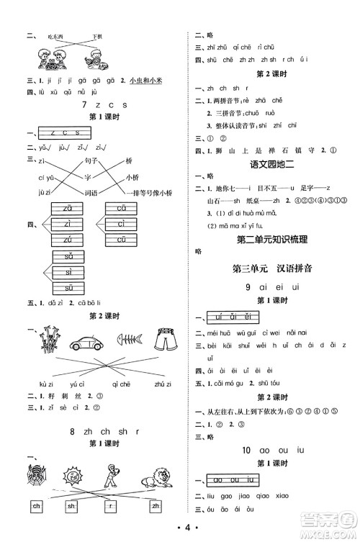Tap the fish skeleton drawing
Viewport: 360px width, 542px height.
[127, 343]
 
